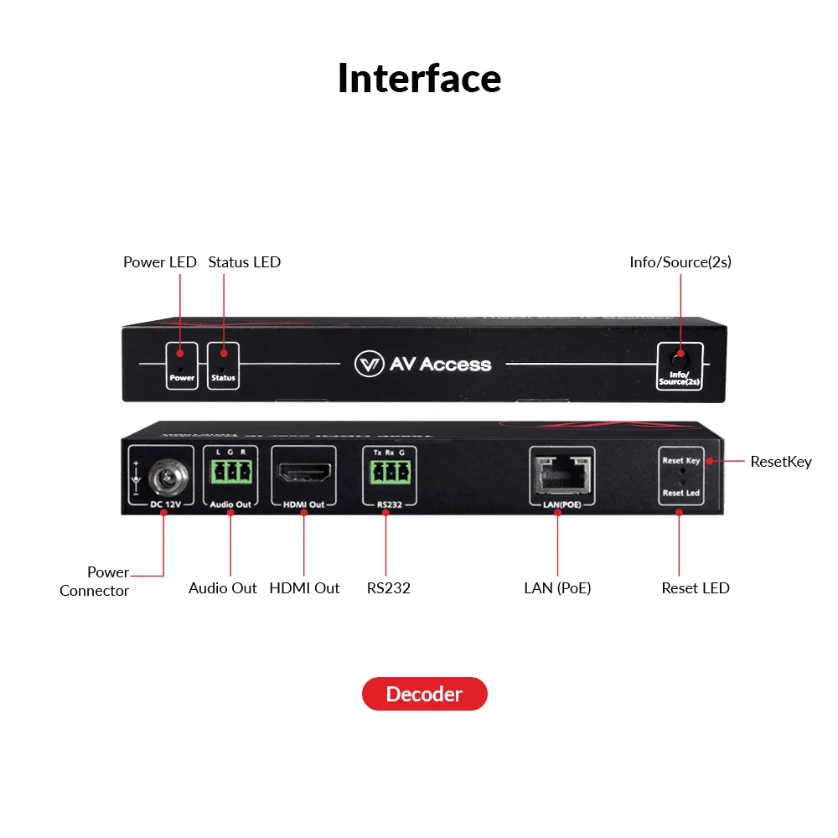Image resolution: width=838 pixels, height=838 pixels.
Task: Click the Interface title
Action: tap(419, 78)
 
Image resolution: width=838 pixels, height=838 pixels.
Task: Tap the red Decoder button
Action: tap(424, 694)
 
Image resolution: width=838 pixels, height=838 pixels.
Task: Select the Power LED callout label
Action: tap(159, 262)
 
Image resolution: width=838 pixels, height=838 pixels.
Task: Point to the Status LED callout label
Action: tap(244, 262)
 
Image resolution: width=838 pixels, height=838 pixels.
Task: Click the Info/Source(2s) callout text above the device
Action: tap(680, 262)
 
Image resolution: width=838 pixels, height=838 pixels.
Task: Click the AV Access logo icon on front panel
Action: tap(369, 364)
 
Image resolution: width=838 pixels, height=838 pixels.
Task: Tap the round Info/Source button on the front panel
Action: tap(680, 355)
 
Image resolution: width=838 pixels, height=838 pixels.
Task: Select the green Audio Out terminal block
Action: tap(230, 473)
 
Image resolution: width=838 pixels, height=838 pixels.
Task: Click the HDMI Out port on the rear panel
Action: tap(303, 474)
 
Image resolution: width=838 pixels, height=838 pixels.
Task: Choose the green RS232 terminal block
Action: tap(385, 473)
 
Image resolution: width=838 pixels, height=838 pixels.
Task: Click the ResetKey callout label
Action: tap(780, 462)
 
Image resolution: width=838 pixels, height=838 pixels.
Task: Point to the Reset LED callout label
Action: tap(696, 588)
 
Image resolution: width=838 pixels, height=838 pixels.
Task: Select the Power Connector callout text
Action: tap(96, 582)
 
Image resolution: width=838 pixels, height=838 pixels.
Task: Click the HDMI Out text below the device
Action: tap(304, 588)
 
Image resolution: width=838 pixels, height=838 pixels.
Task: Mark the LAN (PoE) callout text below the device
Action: tap(557, 588)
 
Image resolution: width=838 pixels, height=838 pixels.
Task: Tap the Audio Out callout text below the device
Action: tap(223, 588)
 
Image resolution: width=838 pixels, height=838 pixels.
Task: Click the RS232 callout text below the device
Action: tap(389, 588)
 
